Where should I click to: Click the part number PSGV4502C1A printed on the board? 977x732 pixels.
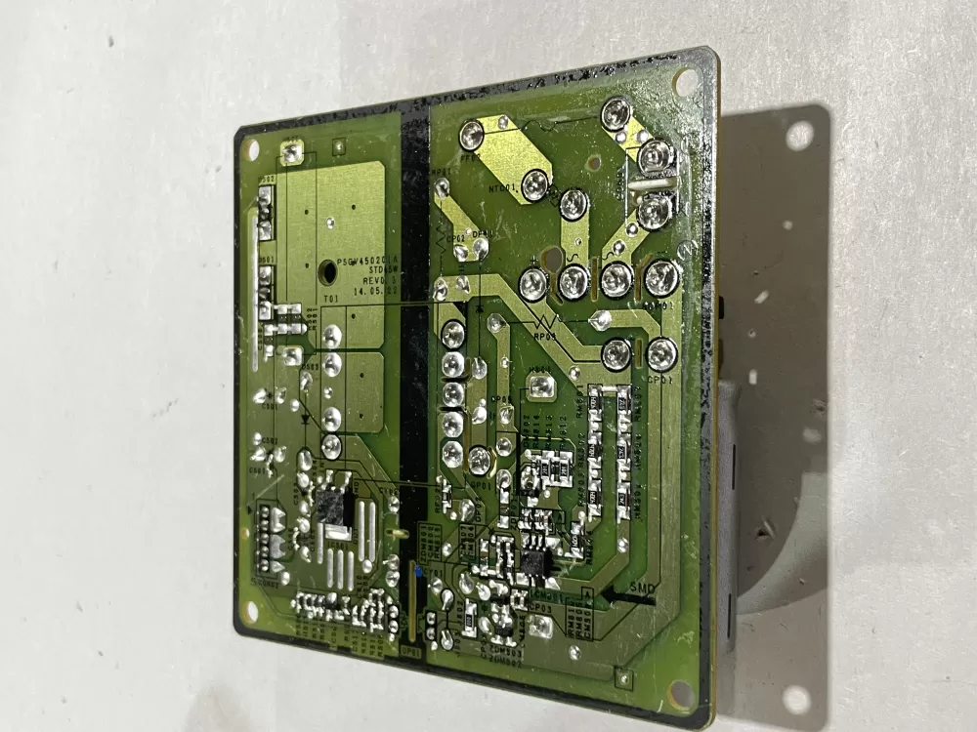pos(359,264)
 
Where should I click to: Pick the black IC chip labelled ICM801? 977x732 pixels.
pos(533,564)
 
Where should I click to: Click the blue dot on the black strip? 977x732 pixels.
pos(418,569)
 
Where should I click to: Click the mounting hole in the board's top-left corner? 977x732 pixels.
pos(252,149)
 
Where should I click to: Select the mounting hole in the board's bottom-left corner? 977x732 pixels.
pos(252,610)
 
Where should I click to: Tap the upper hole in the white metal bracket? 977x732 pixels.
pos(799,136)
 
